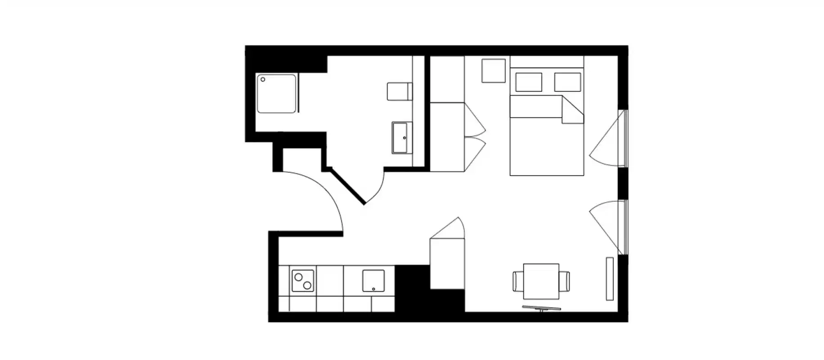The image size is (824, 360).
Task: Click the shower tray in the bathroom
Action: (276, 94)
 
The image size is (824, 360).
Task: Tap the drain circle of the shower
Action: (263, 80)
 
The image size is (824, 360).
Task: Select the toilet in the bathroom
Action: (399, 91)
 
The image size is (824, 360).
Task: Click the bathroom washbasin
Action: (402, 138)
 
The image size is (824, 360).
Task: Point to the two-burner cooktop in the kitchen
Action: (302, 281)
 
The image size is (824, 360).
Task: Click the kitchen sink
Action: (374, 281)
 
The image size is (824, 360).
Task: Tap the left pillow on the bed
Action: (528, 82)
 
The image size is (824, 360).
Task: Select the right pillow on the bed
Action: (567, 82)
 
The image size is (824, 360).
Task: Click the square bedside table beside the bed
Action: (494, 71)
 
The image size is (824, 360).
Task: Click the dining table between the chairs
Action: (541, 281)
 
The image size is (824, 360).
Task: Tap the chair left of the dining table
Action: (518, 281)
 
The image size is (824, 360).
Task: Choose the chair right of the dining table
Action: (564, 281)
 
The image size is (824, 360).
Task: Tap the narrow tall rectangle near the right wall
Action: (610, 279)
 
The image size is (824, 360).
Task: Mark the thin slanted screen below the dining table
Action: (541, 308)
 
